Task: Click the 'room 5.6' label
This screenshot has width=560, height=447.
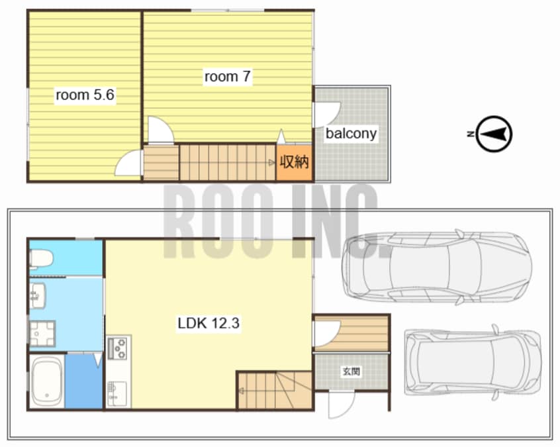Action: tap(85, 95)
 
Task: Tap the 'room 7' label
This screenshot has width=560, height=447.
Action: tap(227, 76)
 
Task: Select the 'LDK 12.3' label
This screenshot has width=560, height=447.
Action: tap(209, 323)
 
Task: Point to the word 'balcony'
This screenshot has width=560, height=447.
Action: tap(351, 134)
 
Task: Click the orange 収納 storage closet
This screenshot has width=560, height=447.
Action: tap(295, 163)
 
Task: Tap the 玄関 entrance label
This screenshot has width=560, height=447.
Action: tap(351, 372)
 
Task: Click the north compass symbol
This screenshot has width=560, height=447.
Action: tap(494, 134)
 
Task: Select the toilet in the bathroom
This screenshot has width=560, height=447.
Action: tap(41, 258)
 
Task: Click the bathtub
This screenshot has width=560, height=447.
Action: tap(47, 381)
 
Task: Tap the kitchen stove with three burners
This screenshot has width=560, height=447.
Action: tap(117, 348)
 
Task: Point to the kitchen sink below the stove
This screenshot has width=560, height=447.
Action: tap(117, 393)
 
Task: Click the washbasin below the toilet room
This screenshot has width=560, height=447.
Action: tap(37, 295)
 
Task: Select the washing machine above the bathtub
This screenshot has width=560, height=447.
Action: tap(42, 334)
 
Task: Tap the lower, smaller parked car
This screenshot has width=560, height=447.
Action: tap(473, 362)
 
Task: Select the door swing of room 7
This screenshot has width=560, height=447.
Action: tap(161, 130)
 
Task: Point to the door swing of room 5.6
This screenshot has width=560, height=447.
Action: tap(128, 163)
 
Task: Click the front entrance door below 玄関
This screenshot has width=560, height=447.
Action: tap(342, 405)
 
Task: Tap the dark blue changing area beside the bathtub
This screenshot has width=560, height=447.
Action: tap(84, 381)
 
